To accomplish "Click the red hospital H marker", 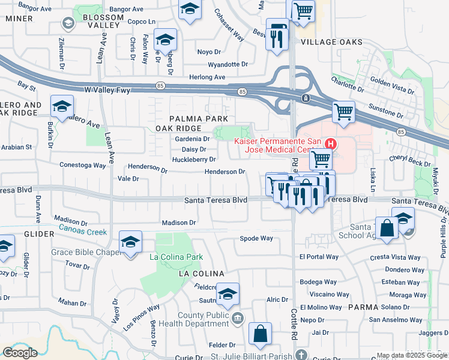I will point(330,144).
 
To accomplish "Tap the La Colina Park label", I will point(176,257).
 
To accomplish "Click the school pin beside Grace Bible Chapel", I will point(130,243).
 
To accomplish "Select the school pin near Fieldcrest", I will point(228,295).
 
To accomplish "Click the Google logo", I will point(20,353).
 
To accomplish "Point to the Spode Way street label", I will point(256,238).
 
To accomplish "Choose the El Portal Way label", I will point(319,257).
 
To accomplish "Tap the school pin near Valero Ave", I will point(62,107).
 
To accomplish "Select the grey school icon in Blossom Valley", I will point(68,23).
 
